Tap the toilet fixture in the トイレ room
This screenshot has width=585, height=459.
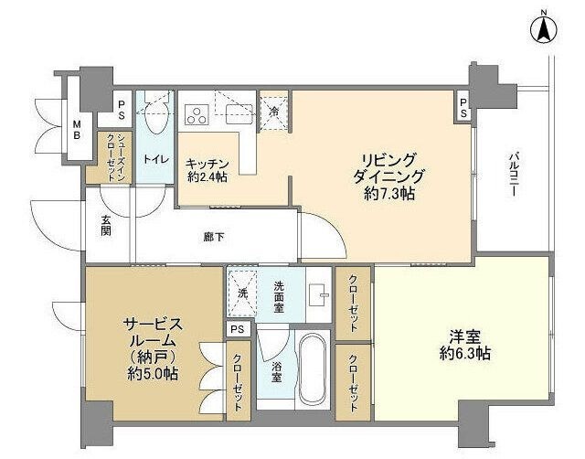(x=154, y=113)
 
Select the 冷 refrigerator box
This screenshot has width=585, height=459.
(x=274, y=112)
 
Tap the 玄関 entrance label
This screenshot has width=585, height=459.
(x=106, y=225)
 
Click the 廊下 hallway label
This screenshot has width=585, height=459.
(x=214, y=238)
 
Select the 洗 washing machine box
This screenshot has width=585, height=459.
(x=242, y=293)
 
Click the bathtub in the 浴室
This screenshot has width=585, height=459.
(x=314, y=368)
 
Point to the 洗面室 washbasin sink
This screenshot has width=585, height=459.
(x=319, y=294)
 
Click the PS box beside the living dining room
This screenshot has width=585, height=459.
(x=464, y=107)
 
